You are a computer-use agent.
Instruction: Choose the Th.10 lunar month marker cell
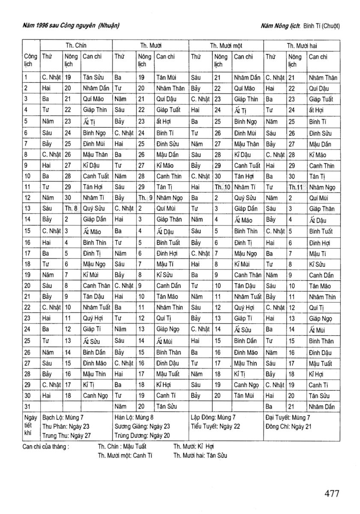[x=222, y=187]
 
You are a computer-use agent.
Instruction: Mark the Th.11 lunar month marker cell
[x=296, y=187]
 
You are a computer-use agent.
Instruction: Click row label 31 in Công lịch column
[x=27, y=406]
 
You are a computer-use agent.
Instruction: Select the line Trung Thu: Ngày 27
[x=66, y=436]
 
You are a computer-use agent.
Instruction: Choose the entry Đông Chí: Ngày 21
[x=289, y=426]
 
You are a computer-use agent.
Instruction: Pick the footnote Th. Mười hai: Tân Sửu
[x=200, y=455]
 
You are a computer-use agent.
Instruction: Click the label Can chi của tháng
[x=46, y=446]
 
